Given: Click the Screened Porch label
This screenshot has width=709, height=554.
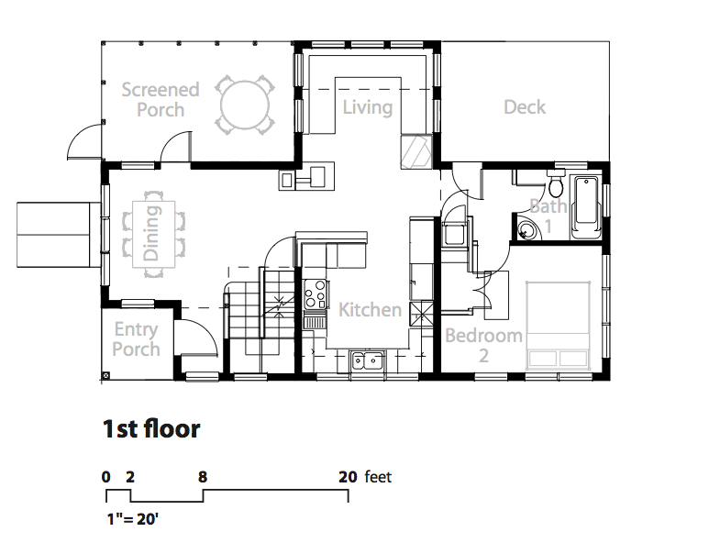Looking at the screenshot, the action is click(161, 100).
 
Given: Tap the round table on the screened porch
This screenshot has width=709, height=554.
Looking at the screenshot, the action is click(245, 105).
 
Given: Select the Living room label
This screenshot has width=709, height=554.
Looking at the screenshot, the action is click(367, 107).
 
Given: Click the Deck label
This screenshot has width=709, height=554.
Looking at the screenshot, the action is click(525, 107).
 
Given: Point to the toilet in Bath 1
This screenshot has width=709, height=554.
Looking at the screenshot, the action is click(556, 183).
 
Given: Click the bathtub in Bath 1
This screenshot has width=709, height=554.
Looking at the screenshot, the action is click(586, 207).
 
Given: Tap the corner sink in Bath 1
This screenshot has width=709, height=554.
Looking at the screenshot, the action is click(528, 228).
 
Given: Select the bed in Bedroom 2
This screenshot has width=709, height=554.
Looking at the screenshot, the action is click(559, 326).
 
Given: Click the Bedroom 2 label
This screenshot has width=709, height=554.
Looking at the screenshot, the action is click(483, 346).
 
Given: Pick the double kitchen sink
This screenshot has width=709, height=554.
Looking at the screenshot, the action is click(367, 360).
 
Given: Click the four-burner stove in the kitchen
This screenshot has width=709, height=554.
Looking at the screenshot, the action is click(315, 294).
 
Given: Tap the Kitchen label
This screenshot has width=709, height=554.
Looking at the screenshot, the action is click(370, 310).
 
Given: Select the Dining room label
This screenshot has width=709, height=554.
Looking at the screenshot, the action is click(151, 233).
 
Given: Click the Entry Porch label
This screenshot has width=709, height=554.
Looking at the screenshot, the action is click(136, 339).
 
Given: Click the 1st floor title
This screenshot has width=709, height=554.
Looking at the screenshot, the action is click(151, 428).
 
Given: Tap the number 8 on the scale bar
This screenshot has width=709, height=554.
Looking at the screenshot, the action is click(203, 477).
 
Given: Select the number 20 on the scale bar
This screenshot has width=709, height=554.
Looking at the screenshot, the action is click(348, 477).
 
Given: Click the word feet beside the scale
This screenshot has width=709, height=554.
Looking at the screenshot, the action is click(378, 477).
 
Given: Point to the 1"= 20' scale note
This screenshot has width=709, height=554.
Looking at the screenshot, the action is click(132, 519).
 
